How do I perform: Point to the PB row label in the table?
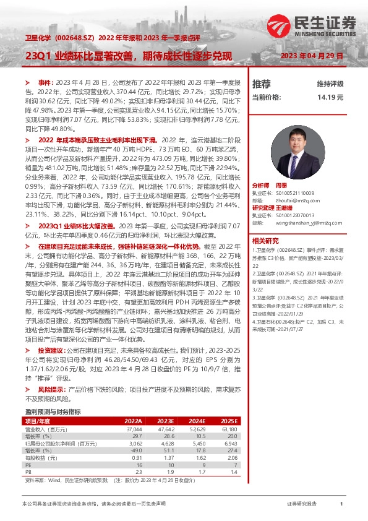click(28, 472)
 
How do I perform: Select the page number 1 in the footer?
click(341, 504)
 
